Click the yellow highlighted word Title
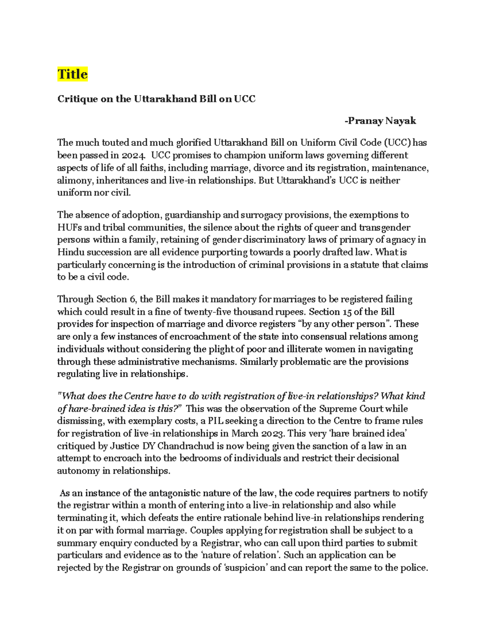72,74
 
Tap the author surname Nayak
401,121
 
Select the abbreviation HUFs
69,228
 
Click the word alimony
75,180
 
